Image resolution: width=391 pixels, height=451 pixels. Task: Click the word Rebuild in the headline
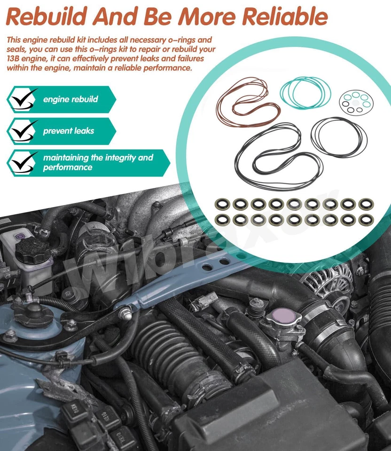[47, 16]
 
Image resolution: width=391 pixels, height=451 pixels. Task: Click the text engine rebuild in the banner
[70, 99]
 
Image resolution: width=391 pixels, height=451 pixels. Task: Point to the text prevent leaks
[68, 131]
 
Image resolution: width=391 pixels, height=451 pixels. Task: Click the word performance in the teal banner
[68, 167]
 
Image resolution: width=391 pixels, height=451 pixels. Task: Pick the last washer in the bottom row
[365, 219]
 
